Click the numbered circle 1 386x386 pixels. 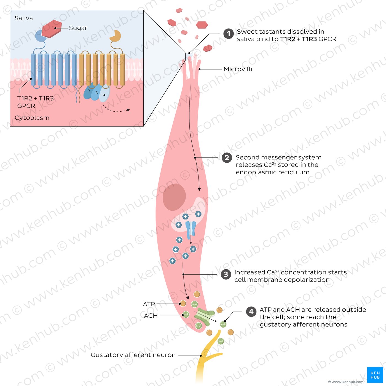pyautogui.click(x=228, y=34)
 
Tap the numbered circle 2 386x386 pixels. pyautogui.click(x=227, y=158)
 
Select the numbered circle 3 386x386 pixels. pyautogui.click(x=226, y=274)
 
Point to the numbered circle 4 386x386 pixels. pyautogui.click(x=251, y=312)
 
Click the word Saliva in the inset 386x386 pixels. pyautogui.click(x=24, y=18)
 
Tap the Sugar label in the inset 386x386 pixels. pyautogui.click(x=78, y=28)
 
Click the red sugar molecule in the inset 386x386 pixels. pyautogui.click(x=52, y=29)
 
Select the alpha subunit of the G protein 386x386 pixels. pyautogui.click(x=104, y=94)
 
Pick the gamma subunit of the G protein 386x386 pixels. pyautogui.click(x=89, y=91)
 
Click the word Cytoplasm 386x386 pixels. pyautogui.click(x=32, y=118)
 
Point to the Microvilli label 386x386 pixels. pyautogui.click(x=238, y=69)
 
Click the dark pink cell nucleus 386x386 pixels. pyautogui.click(x=174, y=197)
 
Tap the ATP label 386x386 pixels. pyautogui.click(x=149, y=304)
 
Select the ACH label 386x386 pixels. pyautogui.click(x=151, y=315)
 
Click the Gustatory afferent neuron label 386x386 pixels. pyautogui.click(x=133, y=355)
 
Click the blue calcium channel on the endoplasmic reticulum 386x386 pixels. pyautogui.click(x=191, y=230)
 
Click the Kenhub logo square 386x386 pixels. pyautogui.click(x=375, y=375)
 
